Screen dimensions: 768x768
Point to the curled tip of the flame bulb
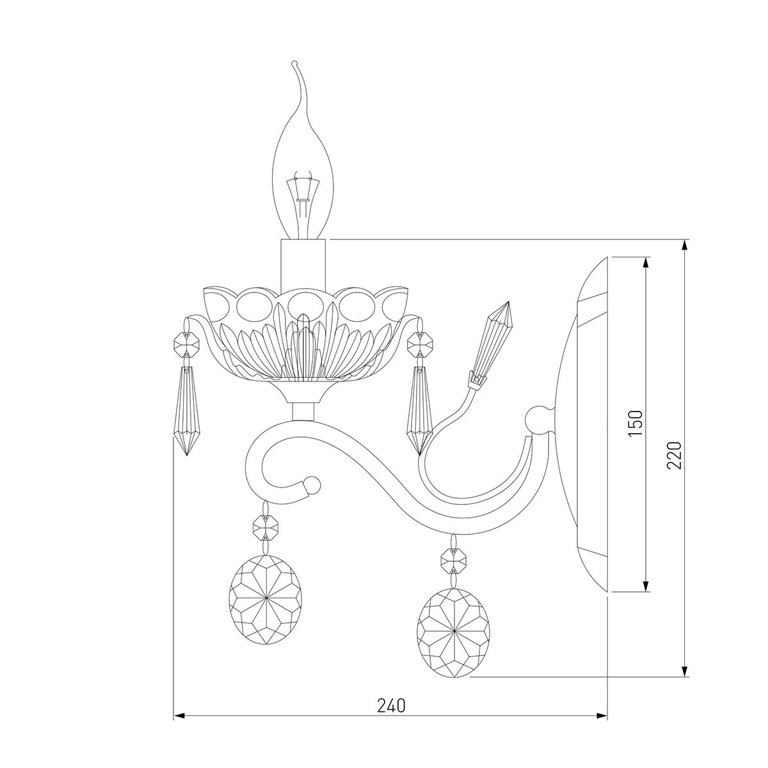point(294,63)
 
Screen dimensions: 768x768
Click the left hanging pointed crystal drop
point(187,410)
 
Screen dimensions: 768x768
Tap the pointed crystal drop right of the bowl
point(419,411)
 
